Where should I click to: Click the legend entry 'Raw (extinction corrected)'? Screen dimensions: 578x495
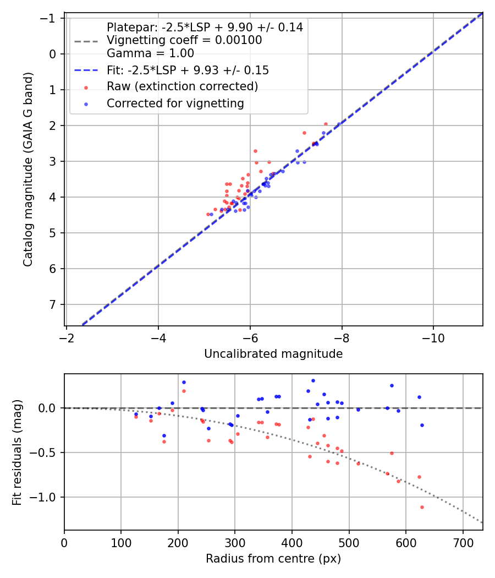tap(182, 86)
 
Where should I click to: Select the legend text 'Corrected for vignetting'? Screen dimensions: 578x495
tap(175, 103)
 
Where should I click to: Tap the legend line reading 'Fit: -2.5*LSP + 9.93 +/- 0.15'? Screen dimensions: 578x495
tap(188, 70)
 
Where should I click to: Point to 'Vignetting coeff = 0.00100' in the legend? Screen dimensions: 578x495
tap(184, 40)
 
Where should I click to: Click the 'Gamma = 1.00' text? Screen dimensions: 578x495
tap(150, 53)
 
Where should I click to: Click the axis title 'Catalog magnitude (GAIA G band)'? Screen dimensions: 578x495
tap(28, 170)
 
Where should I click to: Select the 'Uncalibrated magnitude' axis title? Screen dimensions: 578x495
tap(273, 354)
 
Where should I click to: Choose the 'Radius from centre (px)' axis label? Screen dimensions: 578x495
tap(273, 559)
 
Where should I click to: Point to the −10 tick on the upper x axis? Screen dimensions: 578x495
tap(433, 336)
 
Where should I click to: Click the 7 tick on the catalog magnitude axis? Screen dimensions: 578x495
tap(53, 304)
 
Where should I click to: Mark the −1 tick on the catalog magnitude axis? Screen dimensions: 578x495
tap(49, 18)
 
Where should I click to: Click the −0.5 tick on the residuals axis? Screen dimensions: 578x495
tap(46, 452)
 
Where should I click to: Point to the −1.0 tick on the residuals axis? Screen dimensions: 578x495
tap(46, 497)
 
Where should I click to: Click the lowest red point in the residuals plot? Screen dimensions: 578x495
tap(422, 507)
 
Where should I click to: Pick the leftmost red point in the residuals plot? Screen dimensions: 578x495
tap(136, 417)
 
